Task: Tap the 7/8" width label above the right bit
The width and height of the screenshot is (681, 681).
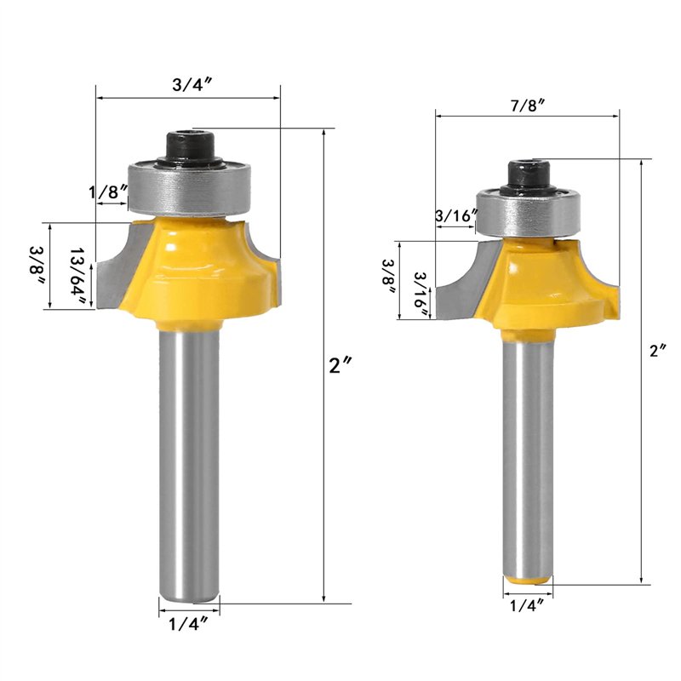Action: [528, 105]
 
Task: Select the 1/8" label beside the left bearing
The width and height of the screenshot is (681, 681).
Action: [109, 192]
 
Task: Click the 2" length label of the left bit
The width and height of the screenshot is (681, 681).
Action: [340, 365]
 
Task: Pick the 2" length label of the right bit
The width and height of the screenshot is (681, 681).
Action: [657, 350]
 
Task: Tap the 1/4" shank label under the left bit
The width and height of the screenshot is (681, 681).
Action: [188, 625]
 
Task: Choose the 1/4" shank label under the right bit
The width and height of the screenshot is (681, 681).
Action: [527, 605]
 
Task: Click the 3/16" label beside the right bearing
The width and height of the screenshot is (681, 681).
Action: [456, 215]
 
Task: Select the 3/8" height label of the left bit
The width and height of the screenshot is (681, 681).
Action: [37, 266]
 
